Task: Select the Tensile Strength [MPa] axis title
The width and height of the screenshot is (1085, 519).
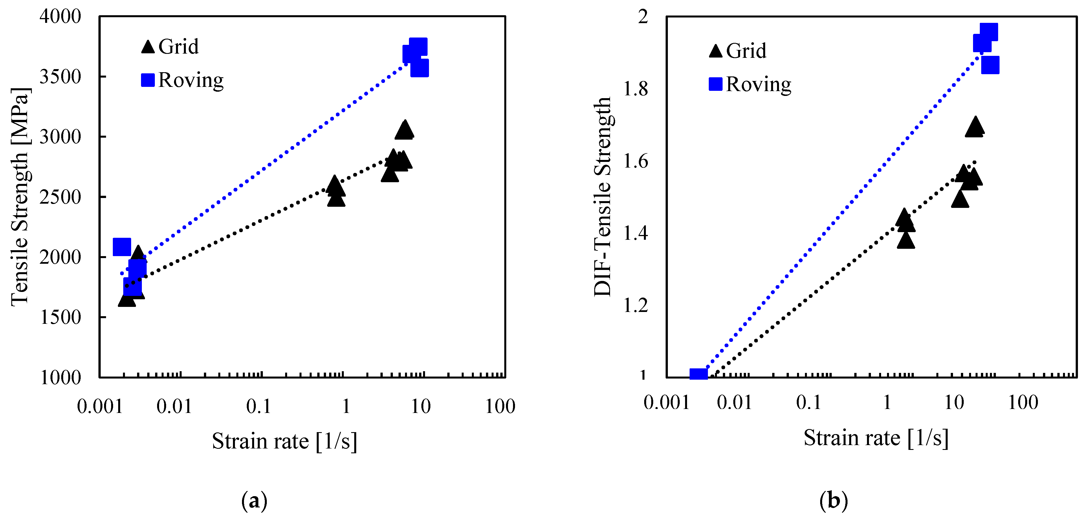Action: [x=20, y=197]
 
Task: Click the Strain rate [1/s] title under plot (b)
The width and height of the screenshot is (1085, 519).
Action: [x=876, y=438]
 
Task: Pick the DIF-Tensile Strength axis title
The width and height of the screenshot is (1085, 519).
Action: [x=602, y=197]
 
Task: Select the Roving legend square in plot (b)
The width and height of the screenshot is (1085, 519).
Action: [x=716, y=84]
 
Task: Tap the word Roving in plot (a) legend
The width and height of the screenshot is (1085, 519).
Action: [x=191, y=80]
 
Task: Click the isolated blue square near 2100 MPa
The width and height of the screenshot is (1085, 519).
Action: [x=122, y=247]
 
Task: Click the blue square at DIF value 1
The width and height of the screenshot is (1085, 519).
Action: [x=698, y=375]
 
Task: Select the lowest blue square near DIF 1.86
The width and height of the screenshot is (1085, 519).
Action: [x=990, y=65]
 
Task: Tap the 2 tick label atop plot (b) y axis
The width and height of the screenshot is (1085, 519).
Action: [x=643, y=17]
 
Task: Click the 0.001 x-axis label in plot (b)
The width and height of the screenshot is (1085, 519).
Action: [x=666, y=403]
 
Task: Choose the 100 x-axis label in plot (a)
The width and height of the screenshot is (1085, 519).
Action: [x=500, y=406]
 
